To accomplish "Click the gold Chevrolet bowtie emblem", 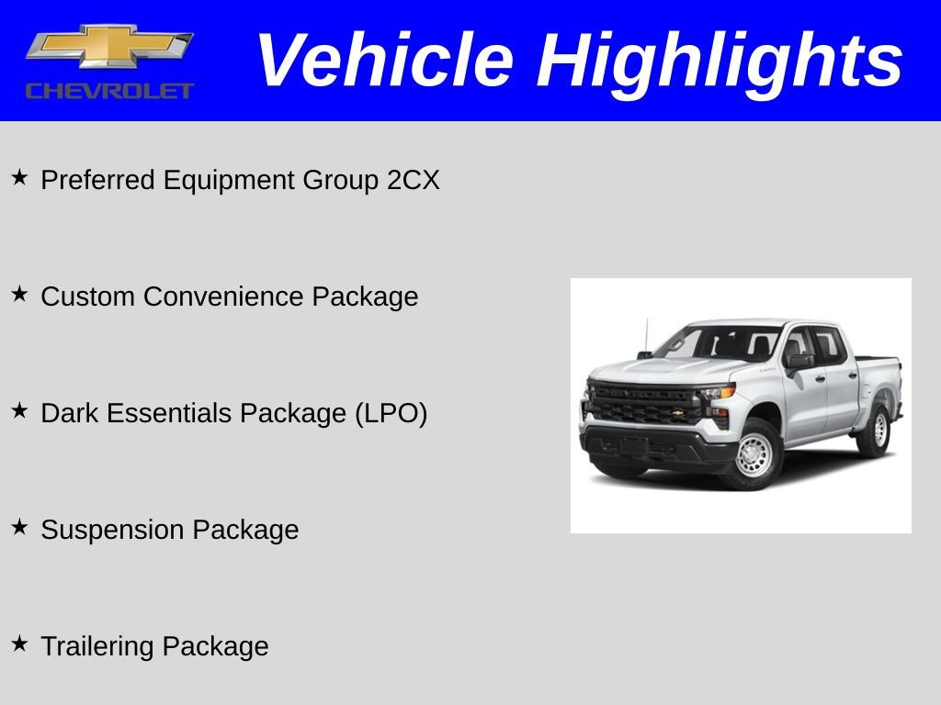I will pos(109,47).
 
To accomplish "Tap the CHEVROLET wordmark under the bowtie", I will pos(109,91).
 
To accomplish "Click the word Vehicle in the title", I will pos(384,61).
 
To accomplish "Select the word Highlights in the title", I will pos(720,61).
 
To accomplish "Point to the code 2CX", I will pos(413,180).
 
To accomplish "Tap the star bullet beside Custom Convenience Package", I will pos(19,295).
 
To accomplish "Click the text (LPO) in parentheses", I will pos(391,413).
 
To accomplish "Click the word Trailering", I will pos(98,646).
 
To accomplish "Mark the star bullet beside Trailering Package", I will pos(19,644).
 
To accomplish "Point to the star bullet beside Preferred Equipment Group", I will pos(19,178).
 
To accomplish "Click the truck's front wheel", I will pos(755,453).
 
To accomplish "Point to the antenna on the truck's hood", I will pos(647,336).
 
